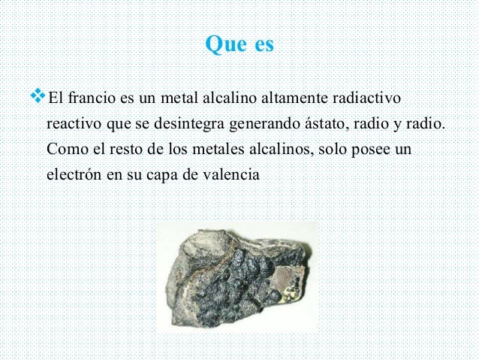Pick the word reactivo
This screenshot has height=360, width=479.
[73, 124]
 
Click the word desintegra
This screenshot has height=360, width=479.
[197, 124]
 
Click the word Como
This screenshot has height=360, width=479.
[64, 148]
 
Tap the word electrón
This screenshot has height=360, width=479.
[74, 173]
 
